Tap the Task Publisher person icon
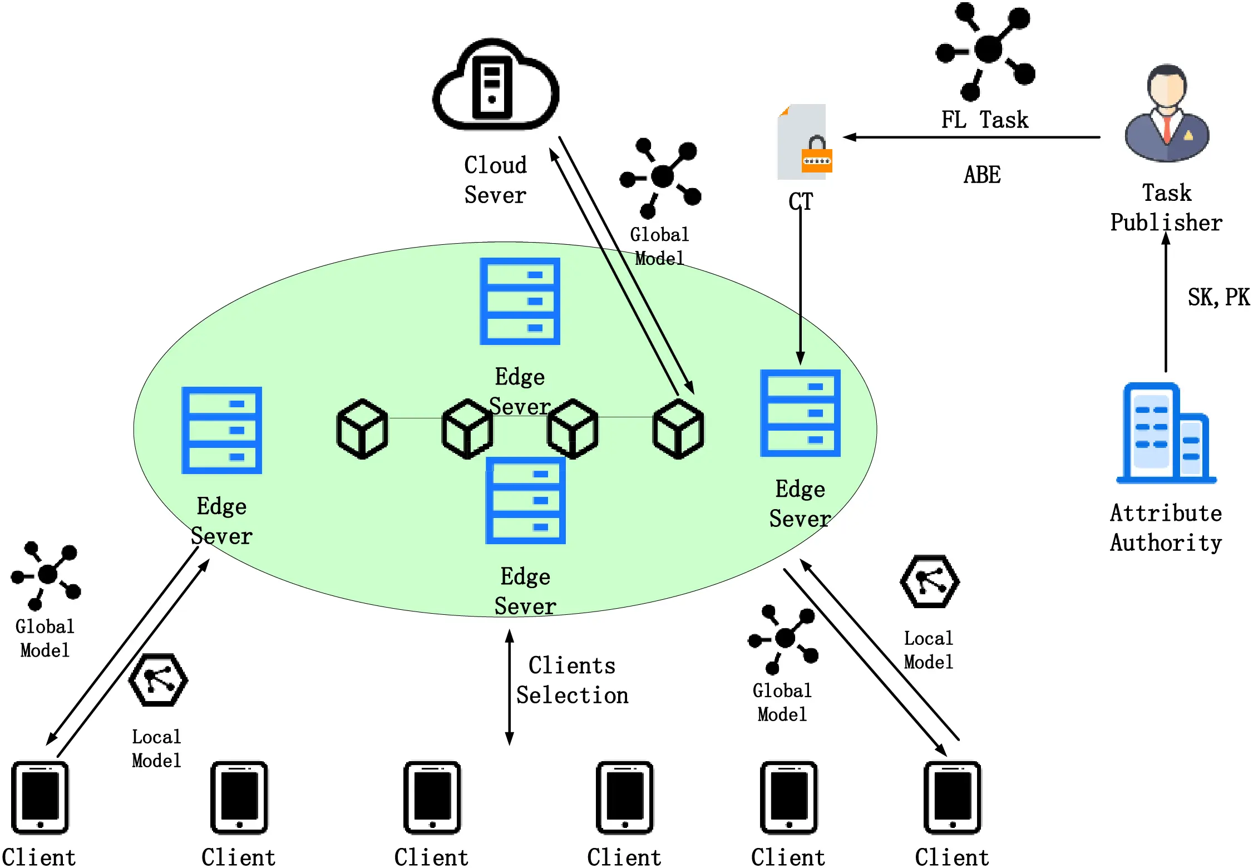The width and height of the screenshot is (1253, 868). click(1167, 114)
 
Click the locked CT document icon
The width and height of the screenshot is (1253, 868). click(805, 142)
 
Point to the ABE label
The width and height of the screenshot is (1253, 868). click(982, 175)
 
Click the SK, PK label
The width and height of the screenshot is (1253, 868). click(1218, 297)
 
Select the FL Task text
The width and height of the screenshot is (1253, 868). click(984, 120)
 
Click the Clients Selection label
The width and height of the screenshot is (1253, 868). click(572, 680)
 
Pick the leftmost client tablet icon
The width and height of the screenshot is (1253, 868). click(40, 797)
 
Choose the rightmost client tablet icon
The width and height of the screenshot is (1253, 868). click(953, 797)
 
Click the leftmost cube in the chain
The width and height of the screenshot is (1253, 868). click(362, 428)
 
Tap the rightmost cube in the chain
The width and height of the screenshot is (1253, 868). click(678, 428)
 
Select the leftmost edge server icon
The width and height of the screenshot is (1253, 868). click(221, 430)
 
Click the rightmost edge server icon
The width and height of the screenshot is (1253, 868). click(800, 413)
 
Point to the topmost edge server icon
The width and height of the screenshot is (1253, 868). click(520, 301)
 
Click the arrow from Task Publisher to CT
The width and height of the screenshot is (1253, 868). click(971, 137)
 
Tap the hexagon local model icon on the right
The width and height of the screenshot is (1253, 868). click(929, 581)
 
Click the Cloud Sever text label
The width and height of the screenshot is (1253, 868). click(495, 180)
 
